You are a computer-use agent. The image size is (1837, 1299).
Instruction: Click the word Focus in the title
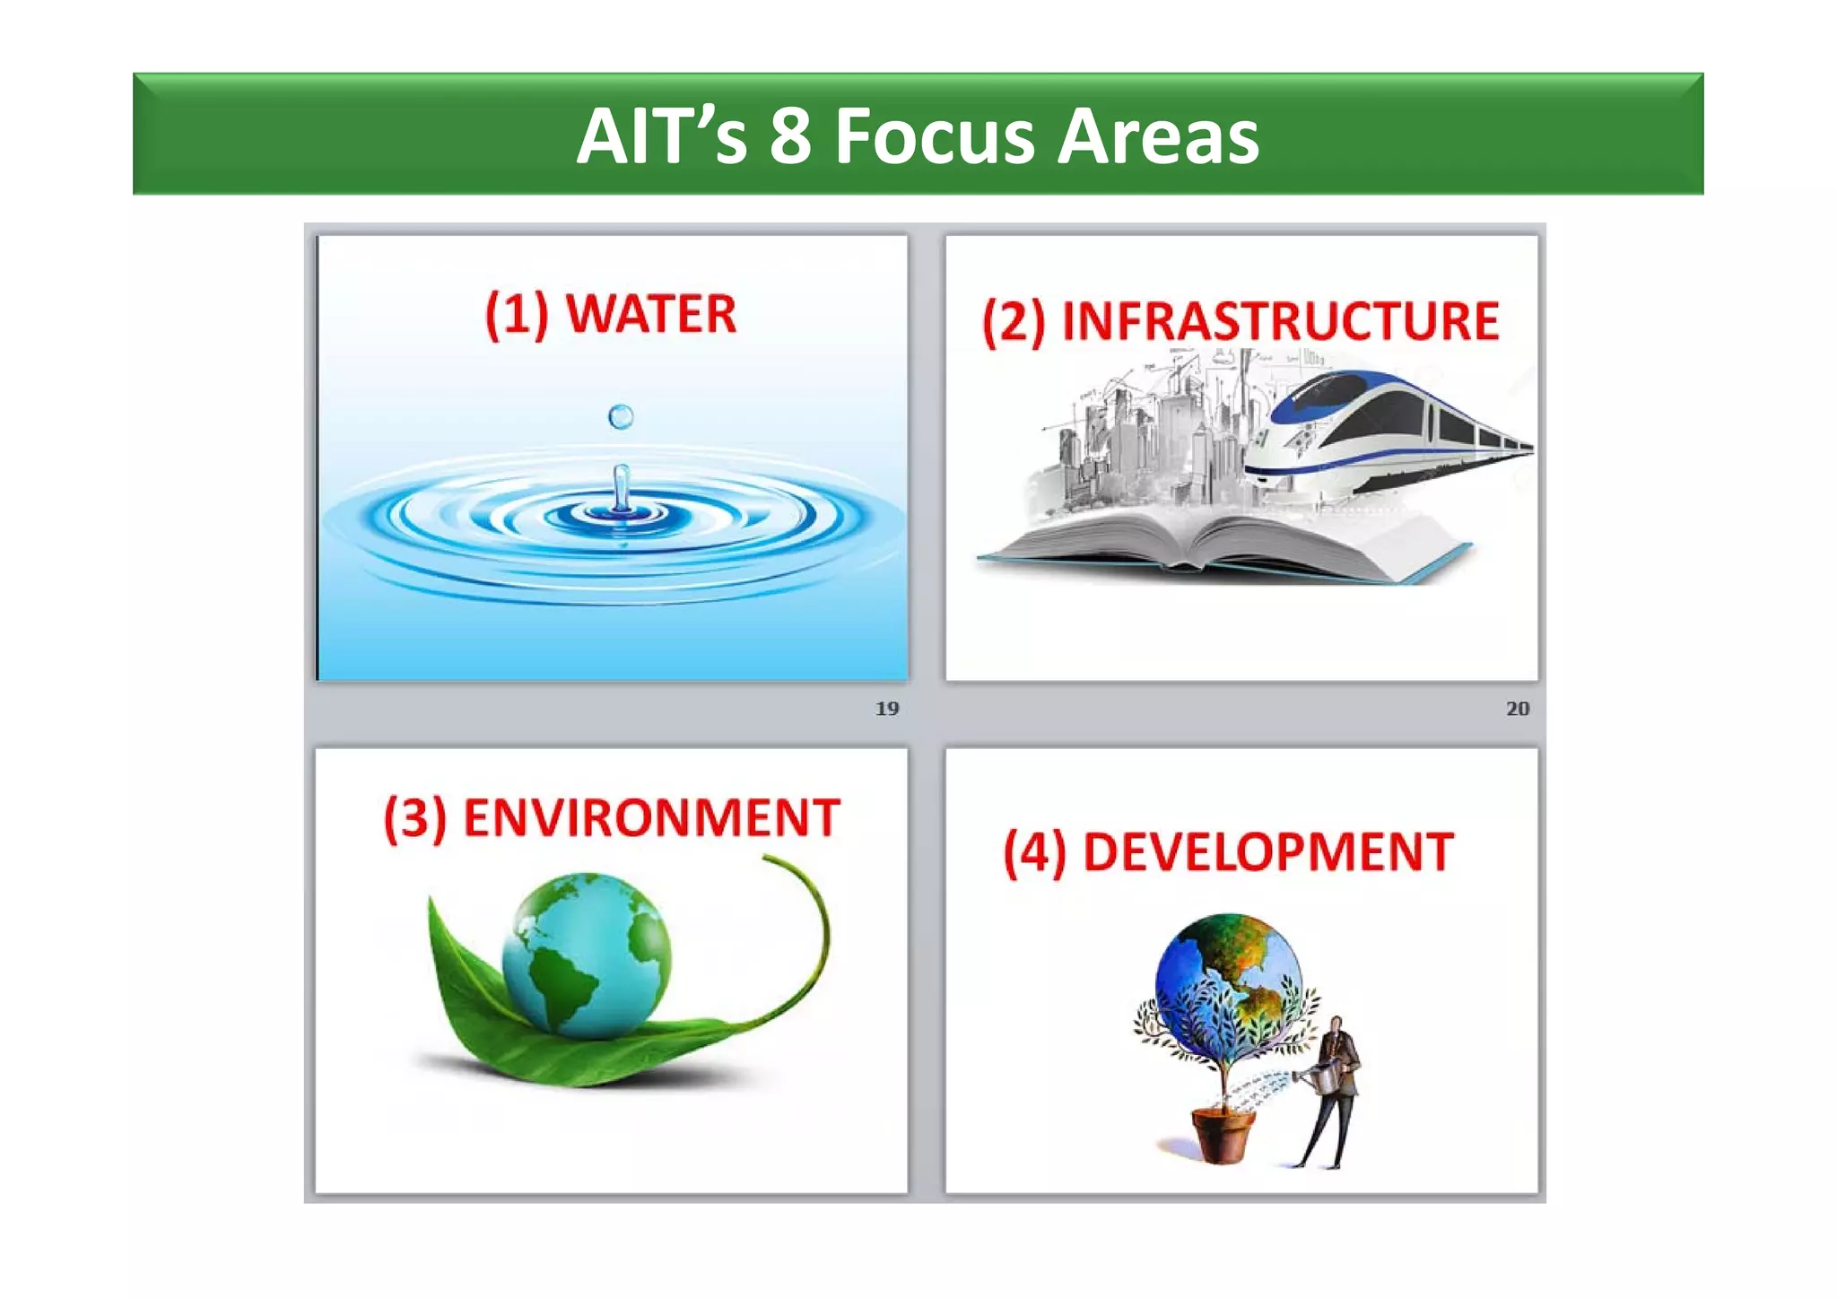click(x=934, y=136)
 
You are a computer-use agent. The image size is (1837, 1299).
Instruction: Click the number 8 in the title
click(x=790, y=136)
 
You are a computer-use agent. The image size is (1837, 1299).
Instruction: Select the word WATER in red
click(x=650, y=314)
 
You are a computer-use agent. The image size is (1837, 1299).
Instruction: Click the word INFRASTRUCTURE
click(x=1280, y=321)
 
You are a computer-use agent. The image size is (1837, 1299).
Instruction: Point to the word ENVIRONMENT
click(x=651, y=818)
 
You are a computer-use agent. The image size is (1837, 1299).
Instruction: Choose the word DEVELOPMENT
click(x=1268, y=852)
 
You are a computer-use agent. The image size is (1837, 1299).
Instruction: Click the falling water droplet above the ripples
click(x=621, y=416)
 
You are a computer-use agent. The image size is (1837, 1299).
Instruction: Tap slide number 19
click(x=887, y=709)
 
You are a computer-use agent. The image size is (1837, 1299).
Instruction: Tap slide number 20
click(x=1518, y=709)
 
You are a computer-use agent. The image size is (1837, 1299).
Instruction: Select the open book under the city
click(x=1220, y=543)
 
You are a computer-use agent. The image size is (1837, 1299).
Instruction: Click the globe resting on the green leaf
click(x=587, y=955)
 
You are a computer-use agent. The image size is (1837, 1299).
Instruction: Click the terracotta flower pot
click(x=1222, y=1135)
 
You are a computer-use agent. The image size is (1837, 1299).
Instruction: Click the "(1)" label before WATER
click(x=517, y=315)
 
